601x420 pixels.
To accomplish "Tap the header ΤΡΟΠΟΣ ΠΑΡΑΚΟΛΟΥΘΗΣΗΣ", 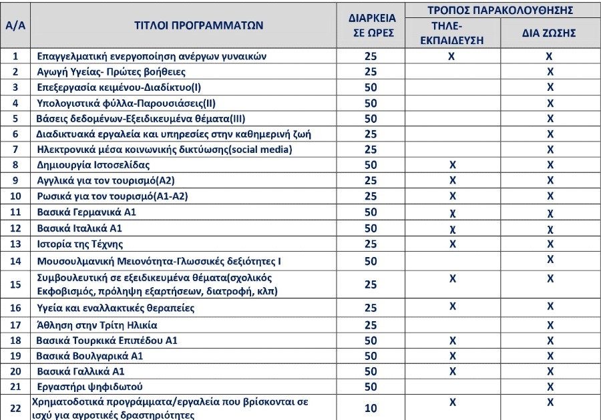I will tap(500, 11).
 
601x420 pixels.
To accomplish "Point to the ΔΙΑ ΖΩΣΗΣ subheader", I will tap(549, 33).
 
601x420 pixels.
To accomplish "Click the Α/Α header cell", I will tap(15, 26).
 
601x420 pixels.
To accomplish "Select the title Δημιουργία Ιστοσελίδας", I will tap(93, 165).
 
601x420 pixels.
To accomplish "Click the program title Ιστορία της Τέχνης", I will tap(80, 244).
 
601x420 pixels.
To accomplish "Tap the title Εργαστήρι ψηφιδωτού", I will tap(91, 387).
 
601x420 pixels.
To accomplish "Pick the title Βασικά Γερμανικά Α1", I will tap(85, 212).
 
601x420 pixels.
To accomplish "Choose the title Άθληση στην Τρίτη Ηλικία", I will tap(97, 325).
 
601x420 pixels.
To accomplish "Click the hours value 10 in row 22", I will tap(371, 408).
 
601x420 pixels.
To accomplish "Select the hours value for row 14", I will tap(371, 261).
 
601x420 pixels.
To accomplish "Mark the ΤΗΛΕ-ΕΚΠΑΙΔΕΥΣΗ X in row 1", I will tap(452, 57).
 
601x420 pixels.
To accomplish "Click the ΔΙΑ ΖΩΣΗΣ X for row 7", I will tap(550, 150).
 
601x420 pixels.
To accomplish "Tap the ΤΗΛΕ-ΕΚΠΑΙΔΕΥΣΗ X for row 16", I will tap(452, 306).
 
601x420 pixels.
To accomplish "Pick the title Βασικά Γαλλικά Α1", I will tap(81, 371).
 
